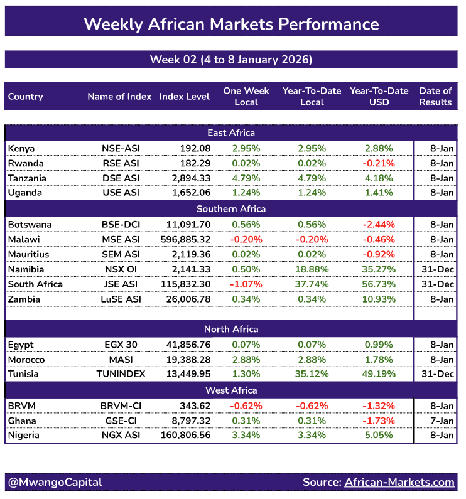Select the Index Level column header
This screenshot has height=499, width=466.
185,97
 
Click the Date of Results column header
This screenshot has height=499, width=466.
435,97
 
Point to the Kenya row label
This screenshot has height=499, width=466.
21,148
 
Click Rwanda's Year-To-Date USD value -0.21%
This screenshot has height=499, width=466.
379,163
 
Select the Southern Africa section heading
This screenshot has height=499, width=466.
231,208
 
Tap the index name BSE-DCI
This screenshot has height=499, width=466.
119,224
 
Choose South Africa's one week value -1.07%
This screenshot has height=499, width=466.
246,284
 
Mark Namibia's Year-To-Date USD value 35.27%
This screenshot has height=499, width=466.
379,269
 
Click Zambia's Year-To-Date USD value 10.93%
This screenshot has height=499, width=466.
379,299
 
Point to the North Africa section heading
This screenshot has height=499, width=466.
231,329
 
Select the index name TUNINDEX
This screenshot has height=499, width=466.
119,374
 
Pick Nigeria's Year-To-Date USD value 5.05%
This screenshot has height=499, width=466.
379,435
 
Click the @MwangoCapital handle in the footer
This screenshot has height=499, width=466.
55,482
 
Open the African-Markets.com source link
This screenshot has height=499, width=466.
399,482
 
